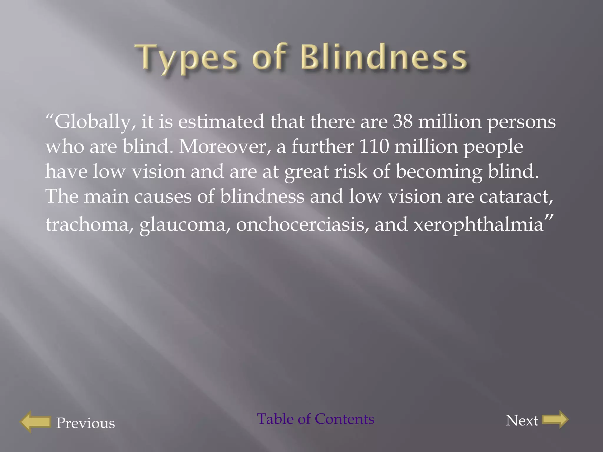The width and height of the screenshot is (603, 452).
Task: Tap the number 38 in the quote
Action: coord(402,121)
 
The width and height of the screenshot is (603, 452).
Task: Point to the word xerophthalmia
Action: coord(478,225)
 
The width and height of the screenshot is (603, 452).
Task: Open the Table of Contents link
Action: coord(316,419)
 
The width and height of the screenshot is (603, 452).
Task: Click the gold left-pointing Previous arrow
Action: coord(36,421)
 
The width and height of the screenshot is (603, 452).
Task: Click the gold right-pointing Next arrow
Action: coord(555,420)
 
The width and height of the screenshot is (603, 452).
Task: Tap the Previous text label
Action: coord(85,423)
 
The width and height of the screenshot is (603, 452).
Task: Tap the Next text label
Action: coord(522,420)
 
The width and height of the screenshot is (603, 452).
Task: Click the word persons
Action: coord(521,122)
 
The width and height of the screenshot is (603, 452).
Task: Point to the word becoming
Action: coord(439,172)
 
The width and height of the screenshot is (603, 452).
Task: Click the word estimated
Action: coord(221,121)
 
